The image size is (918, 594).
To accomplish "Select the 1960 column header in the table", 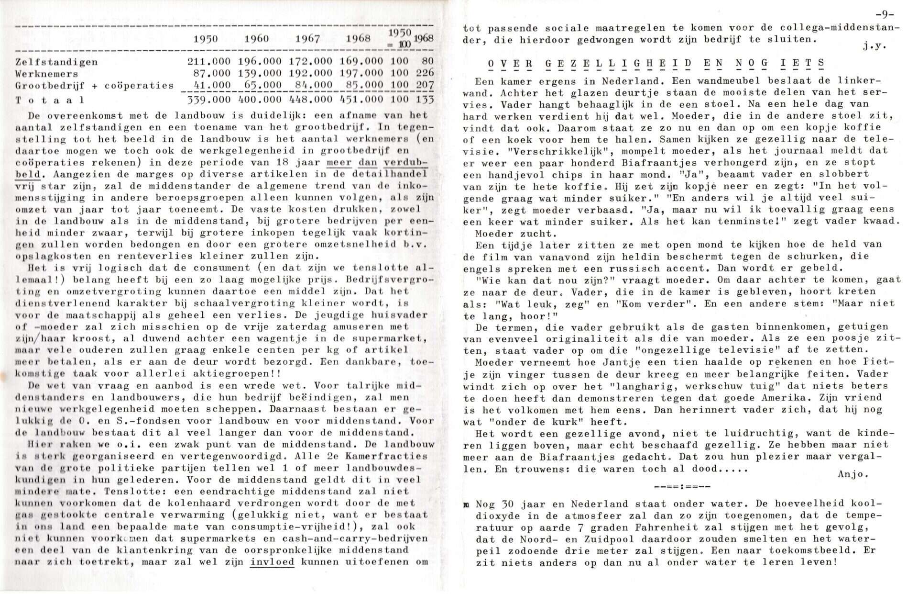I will point(256,39).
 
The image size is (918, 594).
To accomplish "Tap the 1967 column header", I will point(307,39).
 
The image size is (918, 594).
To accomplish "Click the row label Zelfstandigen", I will point(56,62).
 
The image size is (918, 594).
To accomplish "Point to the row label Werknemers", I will point(46,74).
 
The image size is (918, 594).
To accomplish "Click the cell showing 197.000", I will point(361,73).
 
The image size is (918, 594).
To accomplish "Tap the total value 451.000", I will point(361,99).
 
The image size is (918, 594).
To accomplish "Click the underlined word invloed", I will point(272,562).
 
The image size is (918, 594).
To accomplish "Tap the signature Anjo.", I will point(853,474).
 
